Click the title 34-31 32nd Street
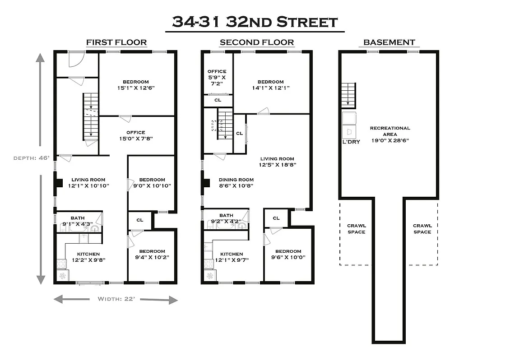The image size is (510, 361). (x=255, y=22)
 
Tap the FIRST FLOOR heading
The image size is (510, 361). (x=116, y=42)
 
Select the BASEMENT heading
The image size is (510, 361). (x=389, y=42)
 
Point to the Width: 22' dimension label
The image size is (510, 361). (x=116, y=299)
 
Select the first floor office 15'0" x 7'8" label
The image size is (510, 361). (x=136, y=135)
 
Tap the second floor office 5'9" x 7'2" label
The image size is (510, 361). (x=217, y=77)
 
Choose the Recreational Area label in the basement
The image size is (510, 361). (x=390, y=134)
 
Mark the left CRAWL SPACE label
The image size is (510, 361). (x=356, y=229)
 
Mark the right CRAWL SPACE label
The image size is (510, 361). (x=422, y=229)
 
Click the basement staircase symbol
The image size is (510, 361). (x=348, y=95)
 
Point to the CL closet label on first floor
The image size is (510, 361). (x=140, y=220)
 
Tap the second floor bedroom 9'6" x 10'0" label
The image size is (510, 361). (x=288, y=255)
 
